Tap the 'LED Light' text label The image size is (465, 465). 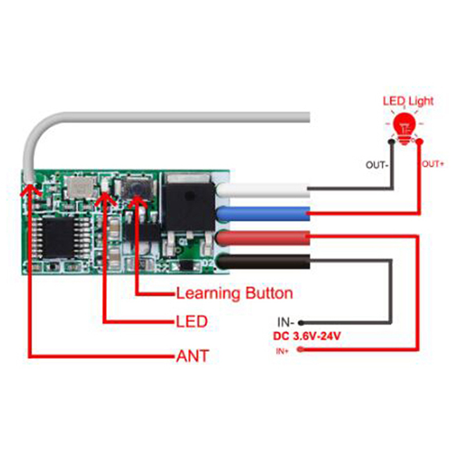pyautogui.click(x=408, y=101)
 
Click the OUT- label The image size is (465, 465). pyautogui.click(x=377, y=164)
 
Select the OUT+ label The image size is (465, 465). pyautogui.click(x=432, y=164)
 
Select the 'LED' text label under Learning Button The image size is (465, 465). pyautogui.click(x=192, y=321)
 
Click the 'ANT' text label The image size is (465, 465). pyautogui.click(x=192, y=356)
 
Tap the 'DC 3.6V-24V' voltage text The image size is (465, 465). pyautogui.click(x=307, y=336)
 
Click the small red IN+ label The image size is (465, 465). pyautogui.click(x=282, y=350)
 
